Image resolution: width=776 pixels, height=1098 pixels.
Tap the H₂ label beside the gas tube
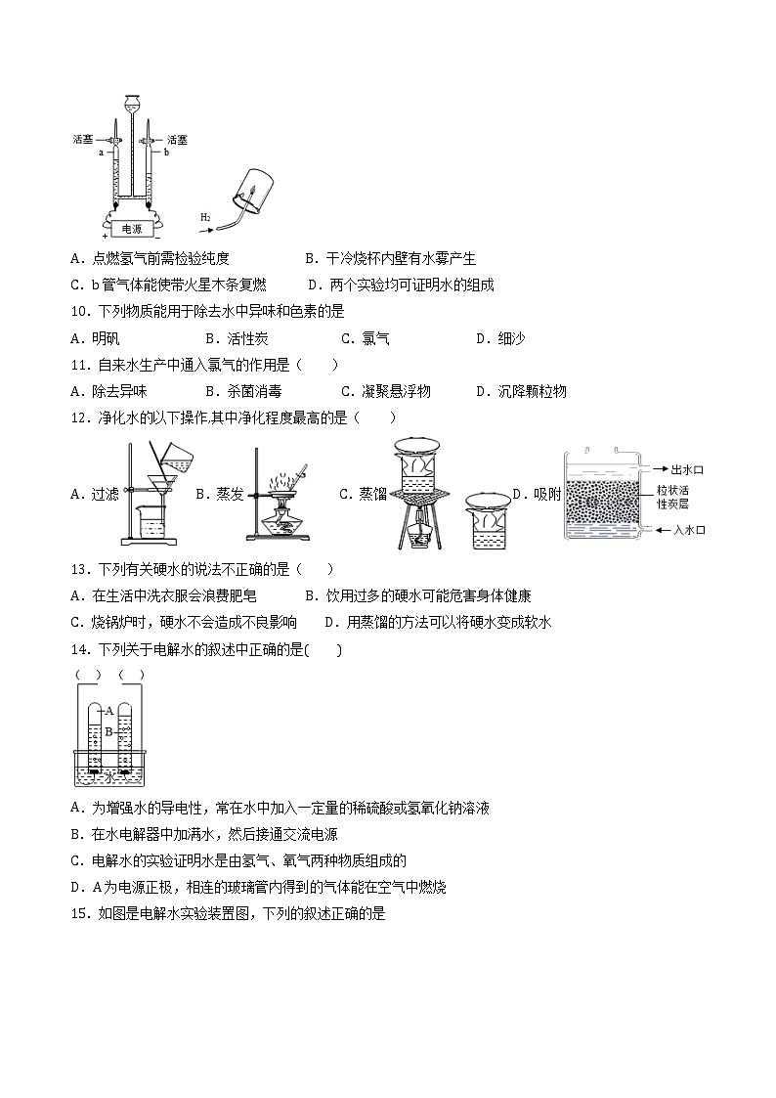(205, 216)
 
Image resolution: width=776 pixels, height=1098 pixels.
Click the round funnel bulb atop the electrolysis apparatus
(131, 103)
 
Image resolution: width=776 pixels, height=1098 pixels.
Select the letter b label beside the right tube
(166, 153)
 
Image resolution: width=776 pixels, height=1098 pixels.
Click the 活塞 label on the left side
(83, 140)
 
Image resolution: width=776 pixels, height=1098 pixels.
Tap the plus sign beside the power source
(105, 236)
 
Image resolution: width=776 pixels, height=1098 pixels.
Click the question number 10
(81, 312)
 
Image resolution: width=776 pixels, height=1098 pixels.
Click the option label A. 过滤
(95, 494)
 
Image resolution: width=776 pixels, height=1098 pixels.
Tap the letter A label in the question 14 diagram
(109, 711)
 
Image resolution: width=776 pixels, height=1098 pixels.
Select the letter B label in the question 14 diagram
(109, 729)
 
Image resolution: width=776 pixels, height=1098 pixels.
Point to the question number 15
(81, 914)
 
